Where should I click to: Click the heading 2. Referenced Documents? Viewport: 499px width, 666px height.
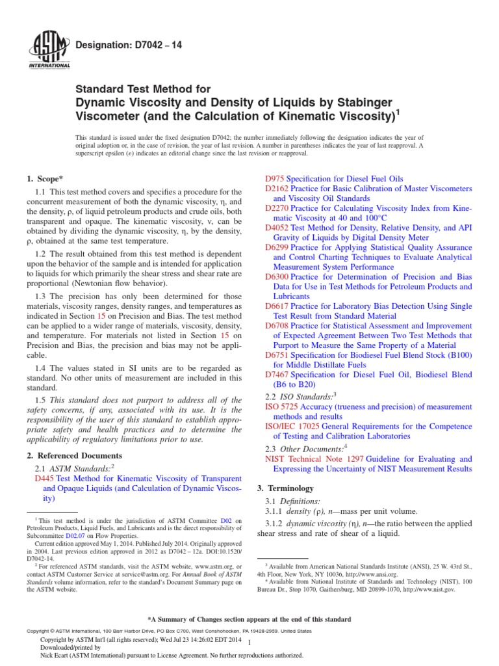tap(73, 455)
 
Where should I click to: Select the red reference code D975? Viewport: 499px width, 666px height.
tap(275, 178)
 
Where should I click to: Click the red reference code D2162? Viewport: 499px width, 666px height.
tap(277, 189)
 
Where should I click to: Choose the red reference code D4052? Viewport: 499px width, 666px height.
tap(277, 228)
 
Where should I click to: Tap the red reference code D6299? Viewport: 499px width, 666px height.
tap(277, 247)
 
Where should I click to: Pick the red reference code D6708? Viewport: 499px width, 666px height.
tap(277, 325)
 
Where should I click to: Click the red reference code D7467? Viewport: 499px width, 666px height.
tap(277, 375)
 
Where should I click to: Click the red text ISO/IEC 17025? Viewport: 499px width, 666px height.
tap(293, 427)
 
